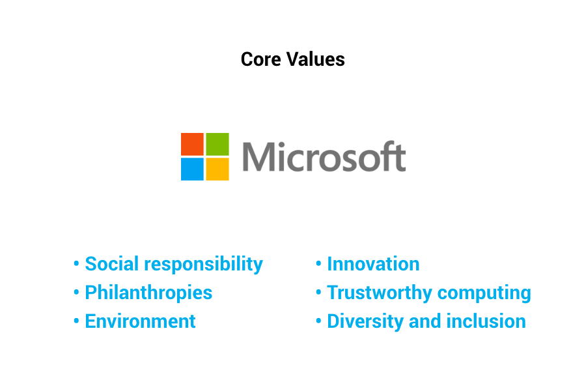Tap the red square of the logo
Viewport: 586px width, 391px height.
[x=193, y=144]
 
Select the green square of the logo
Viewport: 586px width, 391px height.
[x=217, y=144]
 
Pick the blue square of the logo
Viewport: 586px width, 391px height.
[x=193, y=169]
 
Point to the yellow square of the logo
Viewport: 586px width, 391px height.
[x=217, y=169]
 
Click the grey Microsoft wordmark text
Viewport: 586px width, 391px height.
[x=324, y=157]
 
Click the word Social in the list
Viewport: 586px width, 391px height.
[x=111, y=264]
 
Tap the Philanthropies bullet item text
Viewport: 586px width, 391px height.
[x=148, y=293]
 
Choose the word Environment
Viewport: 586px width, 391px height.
[x=140, y=321]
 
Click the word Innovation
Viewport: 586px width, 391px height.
[x=373, y=264]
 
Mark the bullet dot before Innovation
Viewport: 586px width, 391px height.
[x=318, y=264]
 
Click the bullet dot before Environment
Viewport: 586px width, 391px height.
[x=76, y=321]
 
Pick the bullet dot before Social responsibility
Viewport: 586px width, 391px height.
[x=76, y=264]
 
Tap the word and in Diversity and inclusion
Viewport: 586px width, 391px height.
[x=426, y=321]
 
